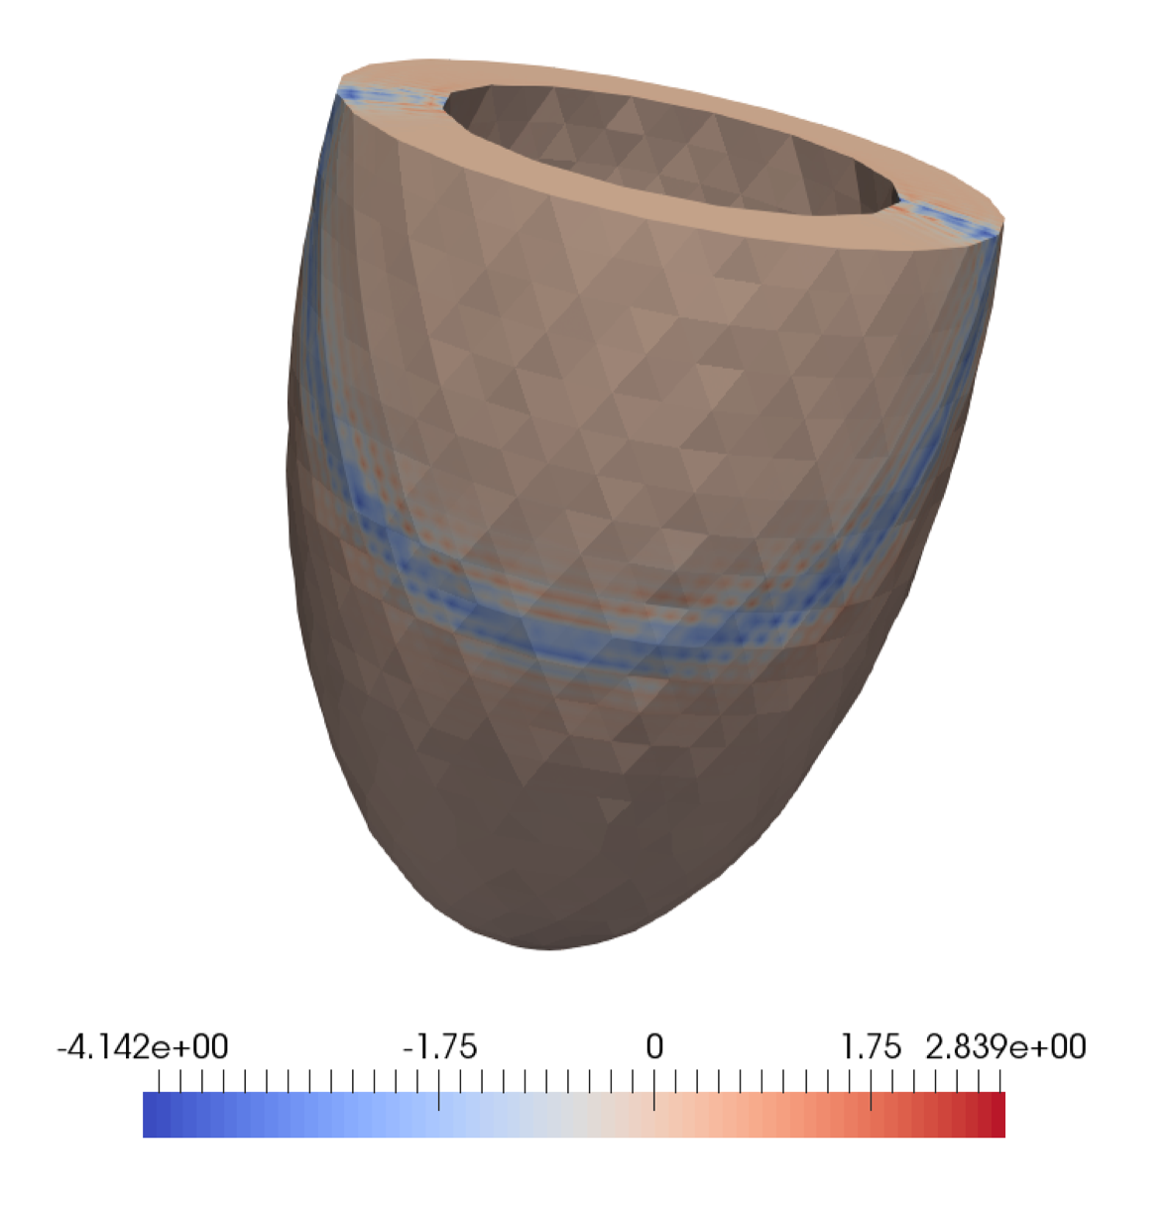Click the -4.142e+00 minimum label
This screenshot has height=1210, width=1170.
coord(143,1047)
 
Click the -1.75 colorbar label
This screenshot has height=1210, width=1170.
coord(440,1047)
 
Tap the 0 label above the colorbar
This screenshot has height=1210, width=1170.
coord(654,1047)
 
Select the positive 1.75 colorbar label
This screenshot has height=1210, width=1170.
coord(871,1047)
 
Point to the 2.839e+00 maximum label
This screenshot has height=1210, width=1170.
coord(1005,1047)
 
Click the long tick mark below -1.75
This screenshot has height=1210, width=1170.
coord(439,1089)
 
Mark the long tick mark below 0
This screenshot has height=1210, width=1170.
coord(654,1089)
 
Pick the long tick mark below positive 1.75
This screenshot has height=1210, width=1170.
coord(871,1089)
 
